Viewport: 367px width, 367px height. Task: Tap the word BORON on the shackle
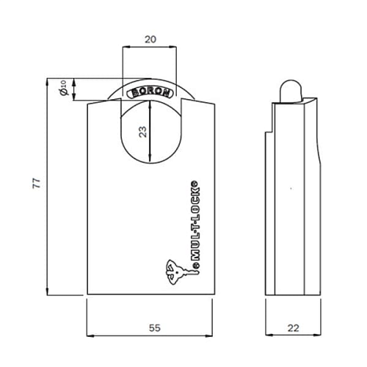[x=150, y=93]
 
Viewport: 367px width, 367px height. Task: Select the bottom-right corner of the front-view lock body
[x=213, y=295]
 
